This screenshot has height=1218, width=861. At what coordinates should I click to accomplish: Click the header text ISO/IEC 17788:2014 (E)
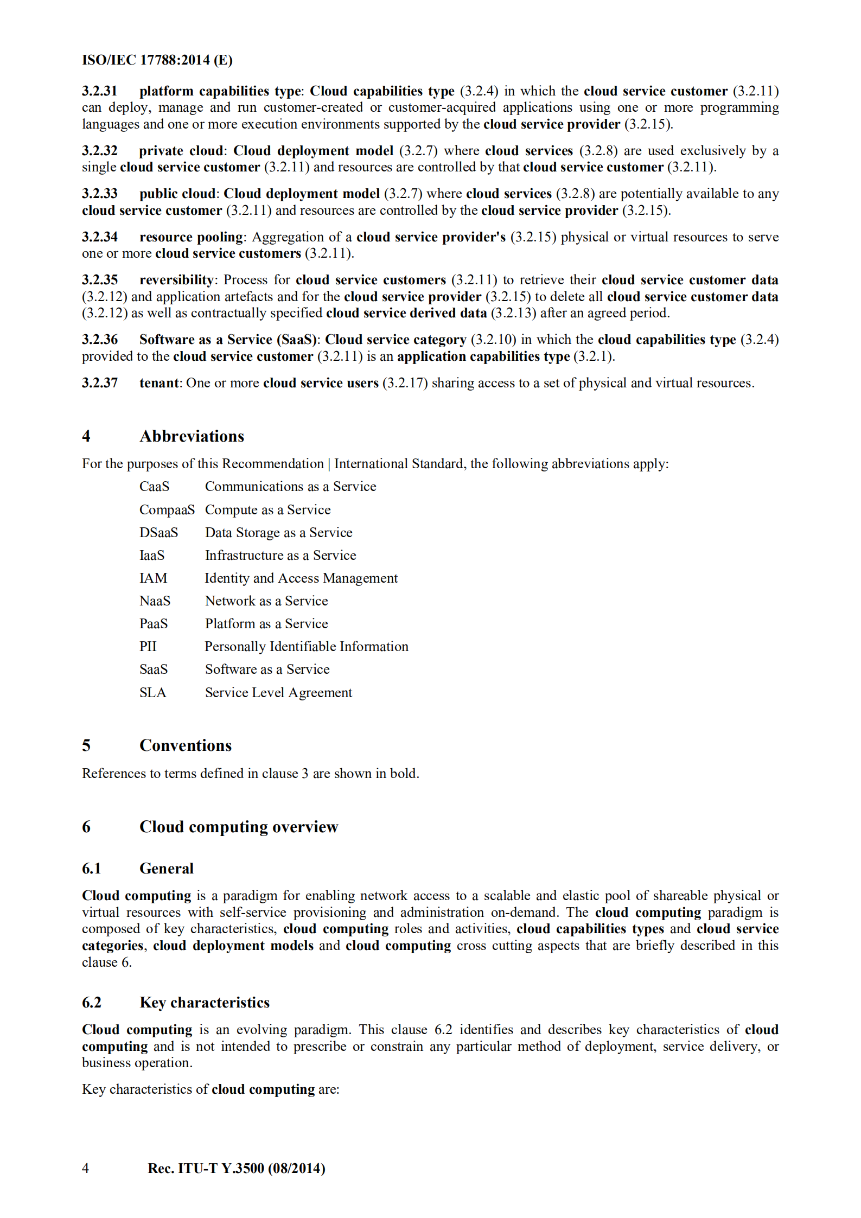[x=157, y=60]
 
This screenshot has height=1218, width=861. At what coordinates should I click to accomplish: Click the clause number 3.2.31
[x=99, y=91]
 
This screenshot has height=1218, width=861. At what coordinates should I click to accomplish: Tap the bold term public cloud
[x=177, y=194]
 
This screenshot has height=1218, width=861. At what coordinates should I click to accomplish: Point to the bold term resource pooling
[x=191, y=237]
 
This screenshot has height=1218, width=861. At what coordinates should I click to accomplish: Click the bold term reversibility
[x=176, y=280]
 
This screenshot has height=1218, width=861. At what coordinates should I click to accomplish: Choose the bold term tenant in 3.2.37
[x=158, y=383]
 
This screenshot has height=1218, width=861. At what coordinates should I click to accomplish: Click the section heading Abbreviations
[x=192, y=436]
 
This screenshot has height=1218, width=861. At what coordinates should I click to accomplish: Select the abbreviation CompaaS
[x=167, y=510]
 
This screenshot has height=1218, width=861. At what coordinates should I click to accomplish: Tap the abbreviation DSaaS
[x=158, y=533]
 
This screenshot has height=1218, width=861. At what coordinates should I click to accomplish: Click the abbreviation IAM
[x=153, y=578]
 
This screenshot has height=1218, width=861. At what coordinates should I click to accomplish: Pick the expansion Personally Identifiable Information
[x=306, y=647]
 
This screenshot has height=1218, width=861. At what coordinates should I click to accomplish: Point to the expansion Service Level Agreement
[x=278, y=693]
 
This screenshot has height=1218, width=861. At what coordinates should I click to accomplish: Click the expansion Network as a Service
[x=266, y=601]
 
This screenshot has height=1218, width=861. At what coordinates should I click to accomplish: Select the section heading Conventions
[x=185, y=745]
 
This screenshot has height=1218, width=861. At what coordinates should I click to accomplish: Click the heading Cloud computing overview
[x=238, y=827]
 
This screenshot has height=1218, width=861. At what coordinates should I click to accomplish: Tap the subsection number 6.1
[x=91, y=869]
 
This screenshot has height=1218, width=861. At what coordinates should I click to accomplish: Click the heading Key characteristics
[x=204, y=1003]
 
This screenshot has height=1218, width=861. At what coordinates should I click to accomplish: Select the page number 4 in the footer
[x=85, y=1168]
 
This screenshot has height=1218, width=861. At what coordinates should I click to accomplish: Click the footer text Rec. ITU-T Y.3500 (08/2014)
[x=236, y=1168]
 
